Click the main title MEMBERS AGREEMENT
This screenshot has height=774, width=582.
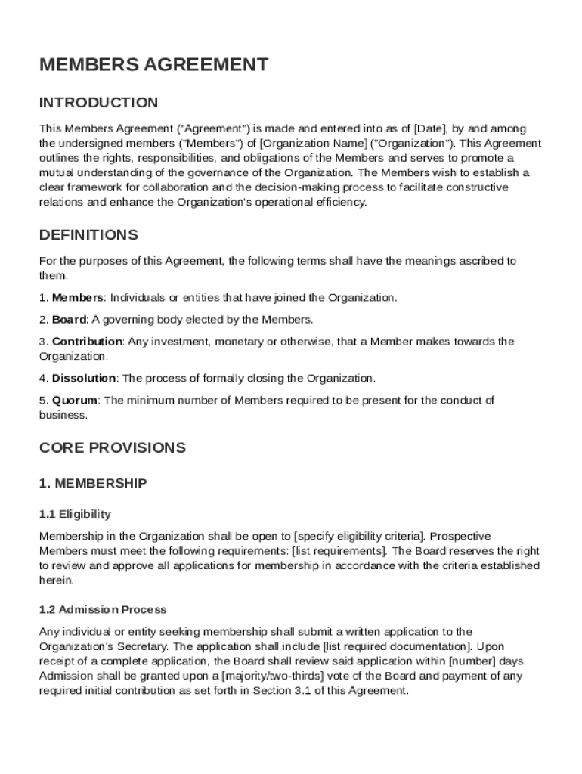153,65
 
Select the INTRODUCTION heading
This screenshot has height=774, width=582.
98,103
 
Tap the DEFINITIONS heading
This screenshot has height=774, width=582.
88,234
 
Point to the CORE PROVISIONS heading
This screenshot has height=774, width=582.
112,447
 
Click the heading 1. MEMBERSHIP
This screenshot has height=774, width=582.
93,482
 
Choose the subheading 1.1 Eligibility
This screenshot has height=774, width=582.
75,514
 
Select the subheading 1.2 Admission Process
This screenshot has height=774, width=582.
103,609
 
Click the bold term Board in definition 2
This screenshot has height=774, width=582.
70,320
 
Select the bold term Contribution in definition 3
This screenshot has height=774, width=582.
87,342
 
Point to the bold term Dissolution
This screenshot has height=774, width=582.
84,378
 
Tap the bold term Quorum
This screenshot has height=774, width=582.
76,400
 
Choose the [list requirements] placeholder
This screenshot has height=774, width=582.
342,551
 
